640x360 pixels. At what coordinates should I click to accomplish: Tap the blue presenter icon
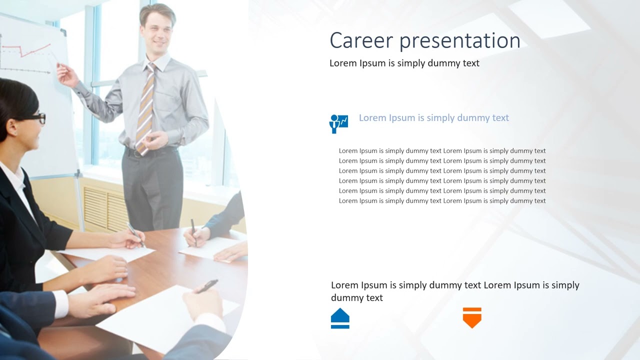338,123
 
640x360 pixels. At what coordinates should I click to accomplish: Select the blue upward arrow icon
340,318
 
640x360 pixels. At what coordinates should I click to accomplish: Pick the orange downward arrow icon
472,317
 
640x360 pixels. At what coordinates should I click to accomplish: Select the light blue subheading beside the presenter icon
433,118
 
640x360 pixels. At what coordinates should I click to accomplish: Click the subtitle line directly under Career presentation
404,63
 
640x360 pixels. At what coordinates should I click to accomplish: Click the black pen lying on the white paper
207,286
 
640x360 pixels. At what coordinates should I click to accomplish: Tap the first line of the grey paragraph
442,151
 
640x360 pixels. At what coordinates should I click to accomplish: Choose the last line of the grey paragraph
442,201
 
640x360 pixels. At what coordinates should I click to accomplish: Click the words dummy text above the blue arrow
356,298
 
